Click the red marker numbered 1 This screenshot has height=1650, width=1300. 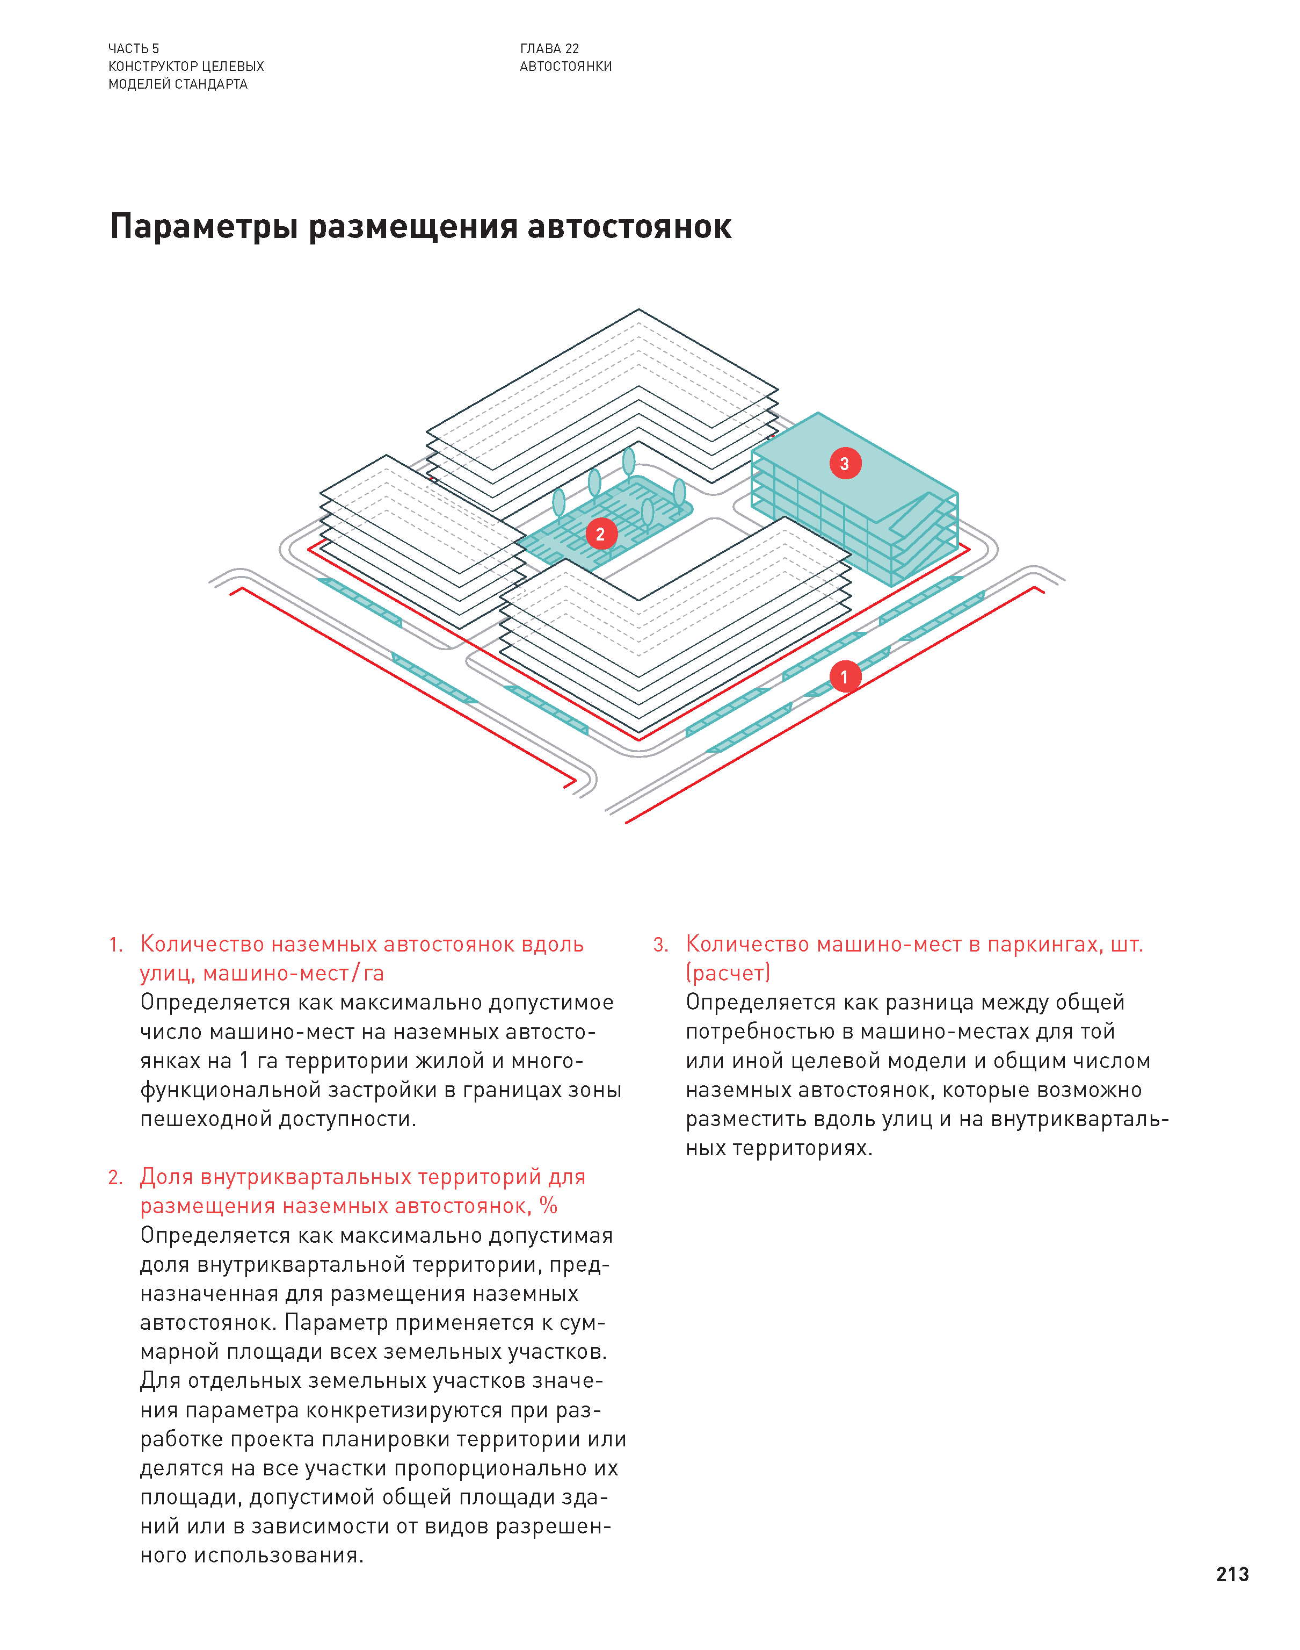[x=844, y=676]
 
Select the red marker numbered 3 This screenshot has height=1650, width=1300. [x=845, y=463]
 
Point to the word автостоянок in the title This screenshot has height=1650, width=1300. [x=629, y=227]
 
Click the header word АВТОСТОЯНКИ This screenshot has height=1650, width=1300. [x=565, y=66]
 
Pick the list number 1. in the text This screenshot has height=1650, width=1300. [x=115, y=945]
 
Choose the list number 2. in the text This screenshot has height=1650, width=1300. [x=115, y=1178]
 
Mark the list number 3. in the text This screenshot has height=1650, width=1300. [x=660, y=945]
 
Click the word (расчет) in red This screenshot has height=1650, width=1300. [x=728, y=973]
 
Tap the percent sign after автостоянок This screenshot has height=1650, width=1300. [x=549, y=1206]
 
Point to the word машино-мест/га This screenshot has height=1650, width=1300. [x=293, y=973]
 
